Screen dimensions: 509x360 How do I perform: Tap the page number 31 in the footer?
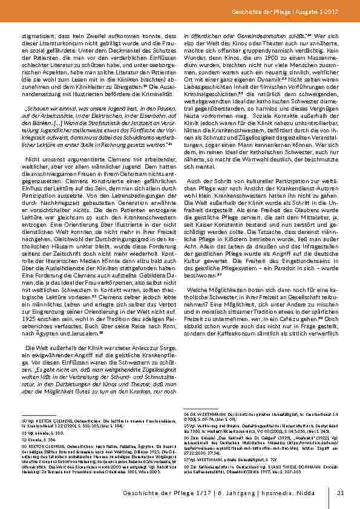[341, 493]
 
